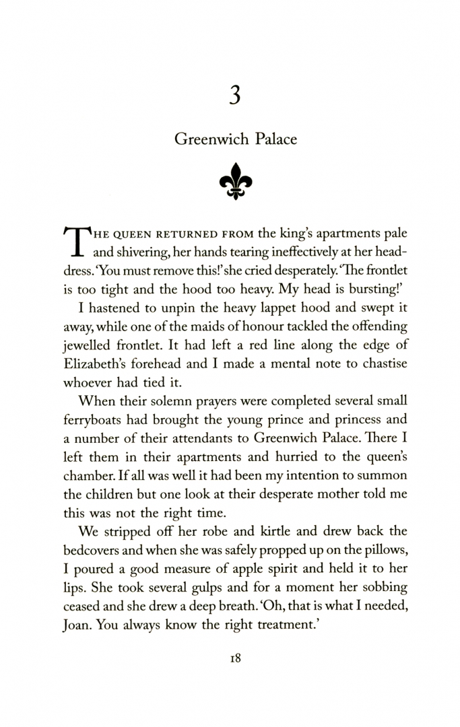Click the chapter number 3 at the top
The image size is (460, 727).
click(x=234, y=96)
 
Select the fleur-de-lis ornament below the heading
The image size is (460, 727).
click(x=234, y=181)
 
